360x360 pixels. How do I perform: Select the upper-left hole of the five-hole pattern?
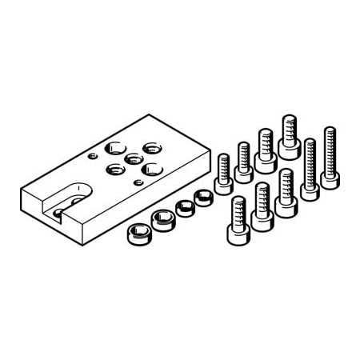(115, 147)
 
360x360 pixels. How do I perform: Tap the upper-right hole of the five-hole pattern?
(151, 147)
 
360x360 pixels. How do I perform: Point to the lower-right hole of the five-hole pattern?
(150, 168)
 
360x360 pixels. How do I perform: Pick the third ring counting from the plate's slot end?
(185, 207)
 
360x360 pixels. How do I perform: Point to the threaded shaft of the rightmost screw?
(329, 148)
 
